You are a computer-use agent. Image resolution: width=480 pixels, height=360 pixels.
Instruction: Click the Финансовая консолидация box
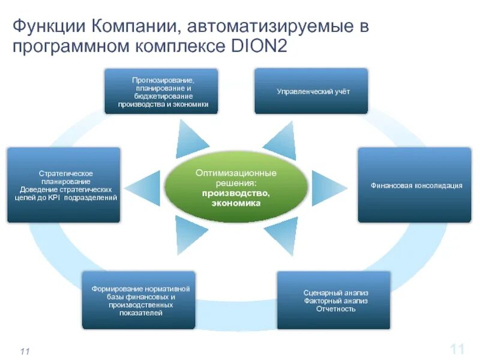coord(415,185)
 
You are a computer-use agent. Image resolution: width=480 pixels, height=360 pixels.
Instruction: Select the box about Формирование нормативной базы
coord(139,300)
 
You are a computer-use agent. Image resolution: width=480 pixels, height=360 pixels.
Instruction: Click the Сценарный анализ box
coord(334,300)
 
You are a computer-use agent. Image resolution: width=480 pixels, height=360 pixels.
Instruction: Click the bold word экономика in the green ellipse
coord(235,203)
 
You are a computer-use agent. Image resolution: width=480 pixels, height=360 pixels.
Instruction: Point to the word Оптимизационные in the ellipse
coord(235,173)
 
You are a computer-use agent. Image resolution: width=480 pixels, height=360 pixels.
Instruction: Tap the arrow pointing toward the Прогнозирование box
coord(191,139)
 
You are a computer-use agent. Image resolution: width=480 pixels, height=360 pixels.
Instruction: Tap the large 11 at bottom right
coord(457,349)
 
